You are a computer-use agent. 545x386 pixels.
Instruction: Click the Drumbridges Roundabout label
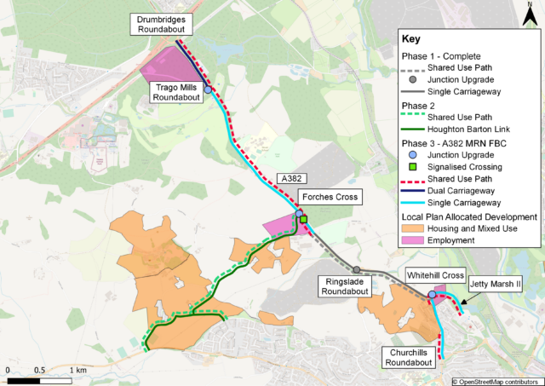(160, 23)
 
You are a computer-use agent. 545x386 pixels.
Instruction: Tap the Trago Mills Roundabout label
(175, 92)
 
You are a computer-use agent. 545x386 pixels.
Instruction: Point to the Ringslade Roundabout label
(341, 286)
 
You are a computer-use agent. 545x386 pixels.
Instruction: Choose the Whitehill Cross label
(435, 276)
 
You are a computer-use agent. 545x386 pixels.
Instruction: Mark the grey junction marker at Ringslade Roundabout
(357, 270)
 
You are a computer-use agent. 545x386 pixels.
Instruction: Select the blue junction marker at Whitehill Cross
(432, 295)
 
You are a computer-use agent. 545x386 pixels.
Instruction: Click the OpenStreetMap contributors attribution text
(496, 380)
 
